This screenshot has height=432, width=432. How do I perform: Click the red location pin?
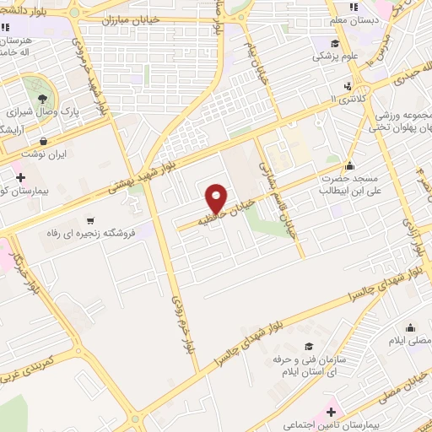pyautogui.click(x=217, y=197)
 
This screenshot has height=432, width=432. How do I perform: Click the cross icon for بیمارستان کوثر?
pyautogui.click(x=20, y=177)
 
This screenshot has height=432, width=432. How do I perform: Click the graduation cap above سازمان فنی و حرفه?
pyautogui.click(x=309, y=346)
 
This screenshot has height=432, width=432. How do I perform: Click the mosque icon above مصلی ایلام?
pyautogui.click(x=411, y=328)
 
